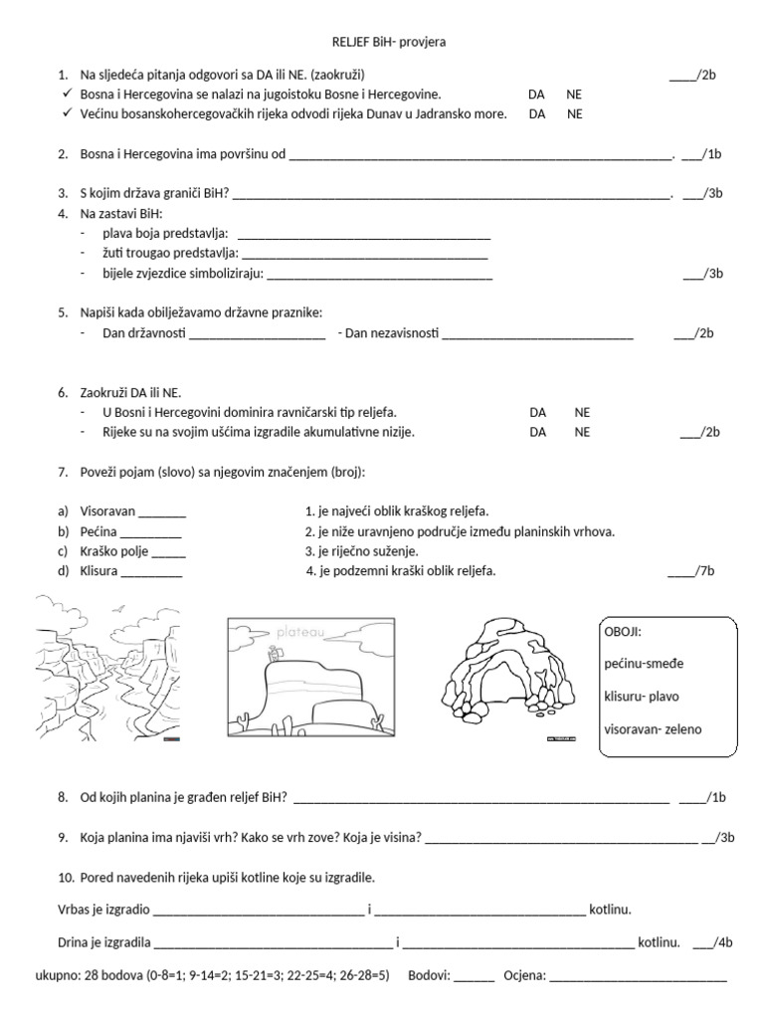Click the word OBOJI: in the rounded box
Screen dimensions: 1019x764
[624, 632]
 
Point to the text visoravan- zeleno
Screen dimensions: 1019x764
[653, 729]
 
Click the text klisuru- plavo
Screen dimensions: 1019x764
[648, 697]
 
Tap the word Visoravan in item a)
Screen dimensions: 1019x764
[107, 511]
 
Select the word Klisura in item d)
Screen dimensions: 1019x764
[98, 571]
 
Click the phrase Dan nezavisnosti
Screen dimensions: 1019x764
[389, 333]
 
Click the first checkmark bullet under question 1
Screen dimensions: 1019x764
[65, 95]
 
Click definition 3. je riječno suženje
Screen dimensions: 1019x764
[361, 551]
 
